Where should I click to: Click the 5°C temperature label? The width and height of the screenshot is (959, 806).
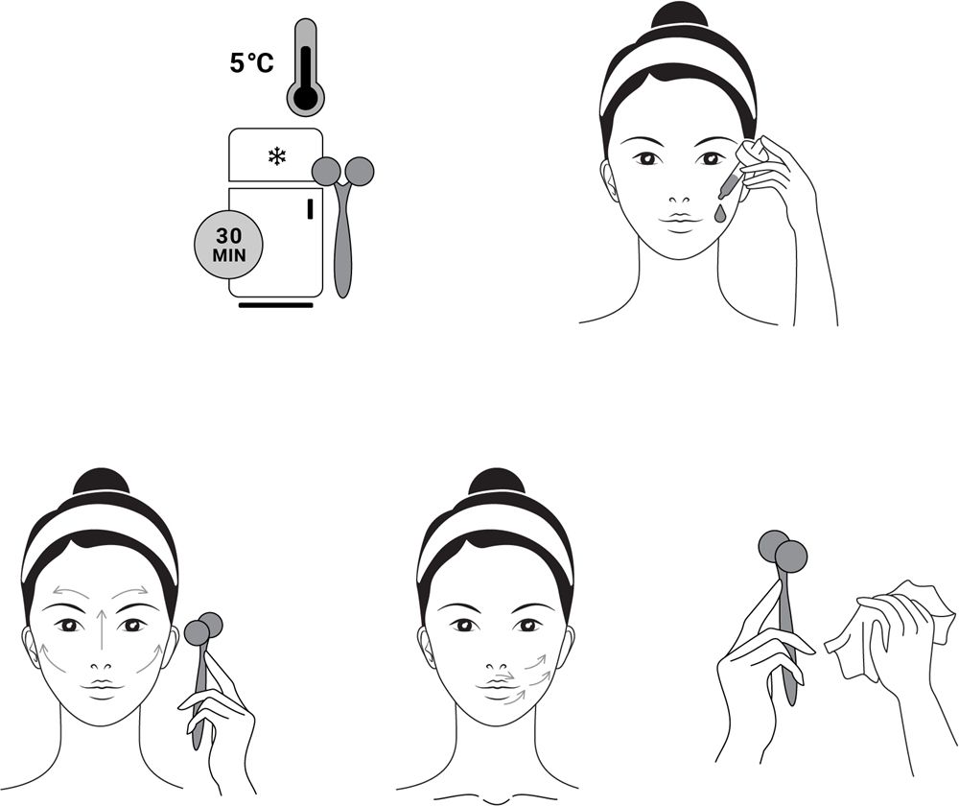(251, 63)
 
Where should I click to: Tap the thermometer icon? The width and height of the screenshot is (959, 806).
(306, 67)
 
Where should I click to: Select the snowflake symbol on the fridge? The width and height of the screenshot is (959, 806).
(276, 156)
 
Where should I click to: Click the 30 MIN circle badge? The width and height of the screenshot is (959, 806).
(229, 245)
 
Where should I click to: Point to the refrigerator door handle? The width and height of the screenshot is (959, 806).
(310, 208)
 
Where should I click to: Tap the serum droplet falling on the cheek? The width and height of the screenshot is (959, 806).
(720, 213)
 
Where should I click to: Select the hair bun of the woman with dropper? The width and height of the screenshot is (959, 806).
(679, 15)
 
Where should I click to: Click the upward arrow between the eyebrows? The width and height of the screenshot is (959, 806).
(103, 628)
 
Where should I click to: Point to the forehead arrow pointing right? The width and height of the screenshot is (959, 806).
(129, 591)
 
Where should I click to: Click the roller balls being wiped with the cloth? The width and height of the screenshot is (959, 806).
(783, 550)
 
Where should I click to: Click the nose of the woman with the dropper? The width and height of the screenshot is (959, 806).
(679, 201)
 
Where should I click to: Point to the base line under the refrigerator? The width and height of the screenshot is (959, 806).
(276, 305)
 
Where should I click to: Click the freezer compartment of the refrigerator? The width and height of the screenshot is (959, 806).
(276, 154)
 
